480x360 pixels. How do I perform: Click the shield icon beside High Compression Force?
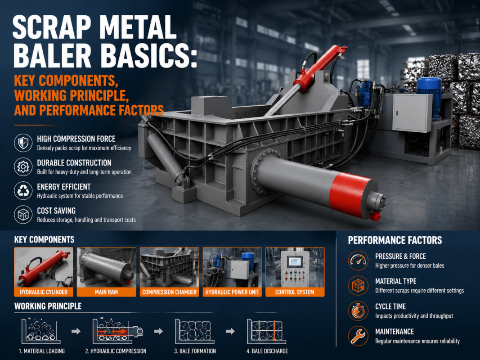coord(23,143)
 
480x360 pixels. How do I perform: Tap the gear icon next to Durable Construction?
coord(23,166)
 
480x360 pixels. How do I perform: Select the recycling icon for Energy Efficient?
coord(23,190)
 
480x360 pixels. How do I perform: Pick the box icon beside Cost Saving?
coord(23,214)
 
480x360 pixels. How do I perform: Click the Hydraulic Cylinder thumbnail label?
coord(44,292)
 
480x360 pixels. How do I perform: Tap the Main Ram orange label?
coord(106,292)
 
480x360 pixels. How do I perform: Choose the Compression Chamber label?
coord(169,292)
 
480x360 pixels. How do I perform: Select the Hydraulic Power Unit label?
coord(232,292)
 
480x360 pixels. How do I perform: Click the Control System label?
coord(295,292)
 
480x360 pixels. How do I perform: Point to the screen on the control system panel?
coord(295,262)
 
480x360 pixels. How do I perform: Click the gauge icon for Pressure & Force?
coord(358,261)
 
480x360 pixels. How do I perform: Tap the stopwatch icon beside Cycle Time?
coord(358,310)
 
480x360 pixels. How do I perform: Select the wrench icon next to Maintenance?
coord(358,336)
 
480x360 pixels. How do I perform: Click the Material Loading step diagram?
coord(41,331)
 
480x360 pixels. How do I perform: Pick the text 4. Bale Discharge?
coord(267,351)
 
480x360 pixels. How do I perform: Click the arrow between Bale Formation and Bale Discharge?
coord(230,331)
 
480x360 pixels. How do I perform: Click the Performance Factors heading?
coord(395,240)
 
